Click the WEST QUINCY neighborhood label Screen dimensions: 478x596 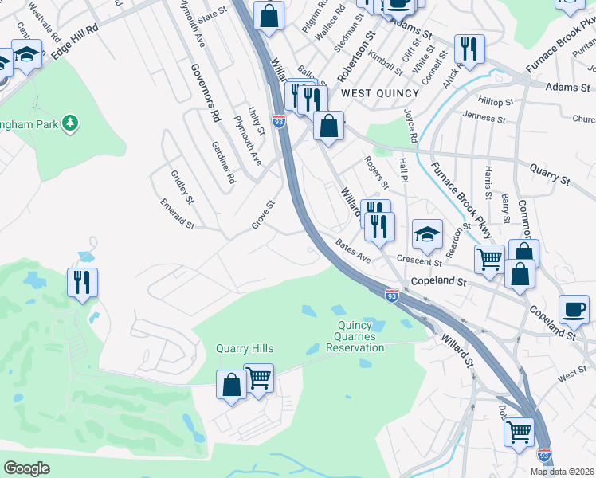[x=368, y=93]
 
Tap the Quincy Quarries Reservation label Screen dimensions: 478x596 [x=355, y=336]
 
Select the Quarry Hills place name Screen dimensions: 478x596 [x=245, y=349]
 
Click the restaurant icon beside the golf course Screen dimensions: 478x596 [x=82, y=282]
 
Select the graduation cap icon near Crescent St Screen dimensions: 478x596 [x=427, y=233]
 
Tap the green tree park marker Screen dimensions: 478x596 [x=71, y=123]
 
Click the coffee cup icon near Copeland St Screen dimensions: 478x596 [x=574, y=309]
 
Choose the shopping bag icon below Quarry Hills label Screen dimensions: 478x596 [x=231, y=385]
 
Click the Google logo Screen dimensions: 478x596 [x=27, y=468]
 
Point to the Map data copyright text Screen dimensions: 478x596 [x=563, y=472]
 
